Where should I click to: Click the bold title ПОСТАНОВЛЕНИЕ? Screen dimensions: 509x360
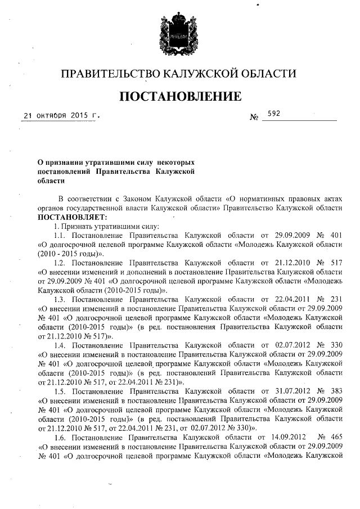pyautogui.click(x=180, y=96)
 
